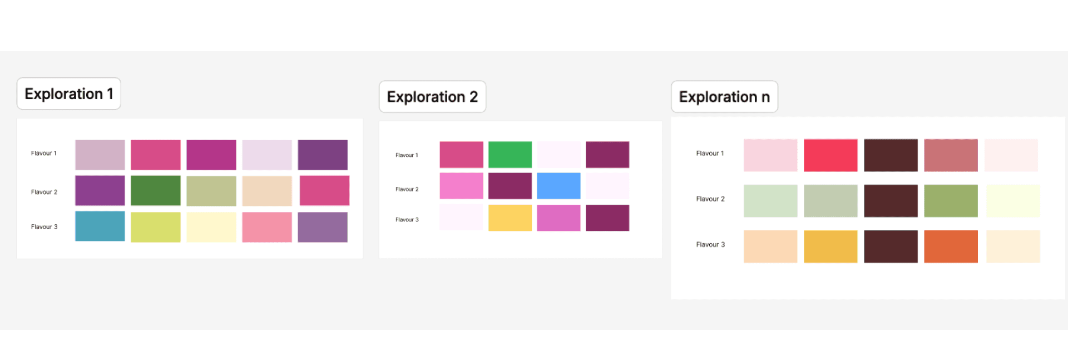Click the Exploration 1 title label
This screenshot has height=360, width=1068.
coord(69,93)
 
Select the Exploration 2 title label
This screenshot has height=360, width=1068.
coord(432,97)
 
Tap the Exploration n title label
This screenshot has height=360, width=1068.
coord(724,97)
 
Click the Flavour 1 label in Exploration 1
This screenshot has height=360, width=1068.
coord(44,153)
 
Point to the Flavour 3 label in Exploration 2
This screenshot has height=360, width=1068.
coord(407,220)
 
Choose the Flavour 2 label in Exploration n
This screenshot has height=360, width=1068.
coord(710,199)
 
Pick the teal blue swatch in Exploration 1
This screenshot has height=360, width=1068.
coord(100,226)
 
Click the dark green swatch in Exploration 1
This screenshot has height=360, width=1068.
coord(156,190)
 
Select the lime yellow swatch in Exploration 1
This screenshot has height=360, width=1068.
coord(156,227)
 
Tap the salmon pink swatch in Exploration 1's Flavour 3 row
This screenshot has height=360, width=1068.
coord(267,227)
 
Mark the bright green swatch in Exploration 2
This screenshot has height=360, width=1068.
coord(510,155)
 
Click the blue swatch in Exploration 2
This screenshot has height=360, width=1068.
coord(558,186)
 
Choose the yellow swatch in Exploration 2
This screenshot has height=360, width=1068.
coord(510,218)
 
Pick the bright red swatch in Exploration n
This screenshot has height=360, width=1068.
coord(830,155)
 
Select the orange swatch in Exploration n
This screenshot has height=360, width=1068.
coord(951,246)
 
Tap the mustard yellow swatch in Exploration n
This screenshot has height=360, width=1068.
coord(830,246)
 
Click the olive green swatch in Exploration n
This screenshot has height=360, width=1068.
coord(951,201)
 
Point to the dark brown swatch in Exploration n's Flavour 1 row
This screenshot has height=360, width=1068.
coord(891,155)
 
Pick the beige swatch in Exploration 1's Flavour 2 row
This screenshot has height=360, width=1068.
coord(267,191)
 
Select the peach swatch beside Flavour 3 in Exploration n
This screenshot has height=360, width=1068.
coord(770,246)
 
